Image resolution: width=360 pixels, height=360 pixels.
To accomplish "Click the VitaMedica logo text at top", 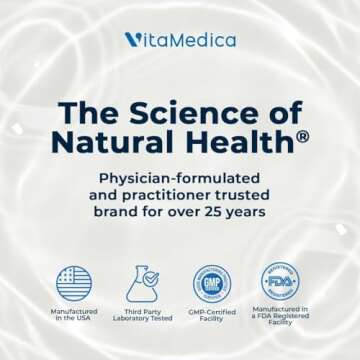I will click(181, 40).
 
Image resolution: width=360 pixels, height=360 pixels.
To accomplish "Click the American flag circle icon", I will click(74, 283).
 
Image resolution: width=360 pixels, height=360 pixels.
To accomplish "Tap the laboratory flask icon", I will click(142, 283).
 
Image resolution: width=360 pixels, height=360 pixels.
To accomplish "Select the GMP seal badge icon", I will click(212, 283).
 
